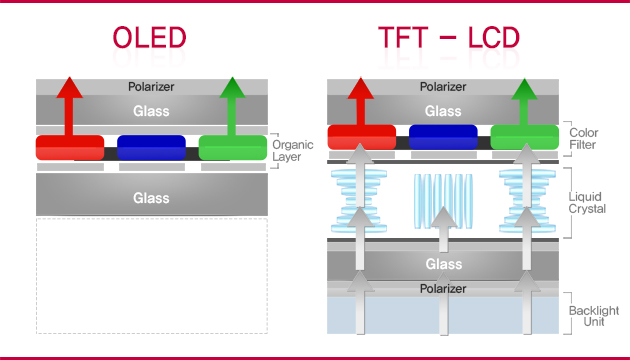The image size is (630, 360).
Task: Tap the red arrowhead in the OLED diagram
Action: click(69, 88)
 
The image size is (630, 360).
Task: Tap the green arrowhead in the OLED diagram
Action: click(233, 88)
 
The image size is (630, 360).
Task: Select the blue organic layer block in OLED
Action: click(151, 147)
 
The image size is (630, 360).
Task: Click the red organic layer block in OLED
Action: click(69, 147)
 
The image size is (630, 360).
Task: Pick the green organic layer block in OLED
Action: click(232, 147)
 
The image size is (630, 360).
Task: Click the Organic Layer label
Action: click(292, 151)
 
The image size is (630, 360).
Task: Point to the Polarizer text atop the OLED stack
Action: click(152, 87)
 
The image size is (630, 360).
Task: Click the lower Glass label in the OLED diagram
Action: click(152, 198)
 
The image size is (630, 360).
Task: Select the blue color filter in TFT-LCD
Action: click(442, 138)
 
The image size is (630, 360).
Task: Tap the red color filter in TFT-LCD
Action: click(360, 138)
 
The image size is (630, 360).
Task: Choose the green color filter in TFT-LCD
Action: click(523, 138)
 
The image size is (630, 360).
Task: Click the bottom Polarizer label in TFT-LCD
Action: click(442, 288)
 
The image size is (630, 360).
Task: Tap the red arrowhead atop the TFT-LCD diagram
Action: click(360, 88)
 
